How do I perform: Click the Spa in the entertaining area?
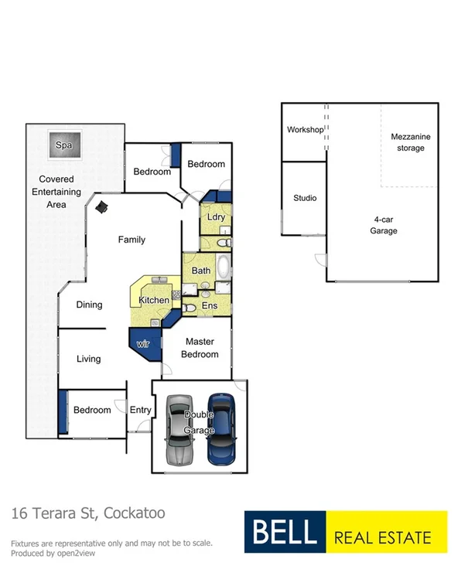click(64, 145)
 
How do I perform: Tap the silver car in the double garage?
click(179, 430)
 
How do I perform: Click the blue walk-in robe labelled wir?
click(145, 343)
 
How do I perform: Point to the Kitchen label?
click(153, 300)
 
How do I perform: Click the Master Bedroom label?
click(200, 347)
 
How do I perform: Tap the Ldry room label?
click(216, 217)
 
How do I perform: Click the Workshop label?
click(305, 130)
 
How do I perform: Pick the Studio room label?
click(305, 198)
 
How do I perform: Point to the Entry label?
click(140, 410)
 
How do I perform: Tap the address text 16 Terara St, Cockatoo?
click(87, 513)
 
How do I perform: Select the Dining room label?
click(89, 305)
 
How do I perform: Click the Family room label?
click(131, 240)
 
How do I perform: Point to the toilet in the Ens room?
click(192, 308)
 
